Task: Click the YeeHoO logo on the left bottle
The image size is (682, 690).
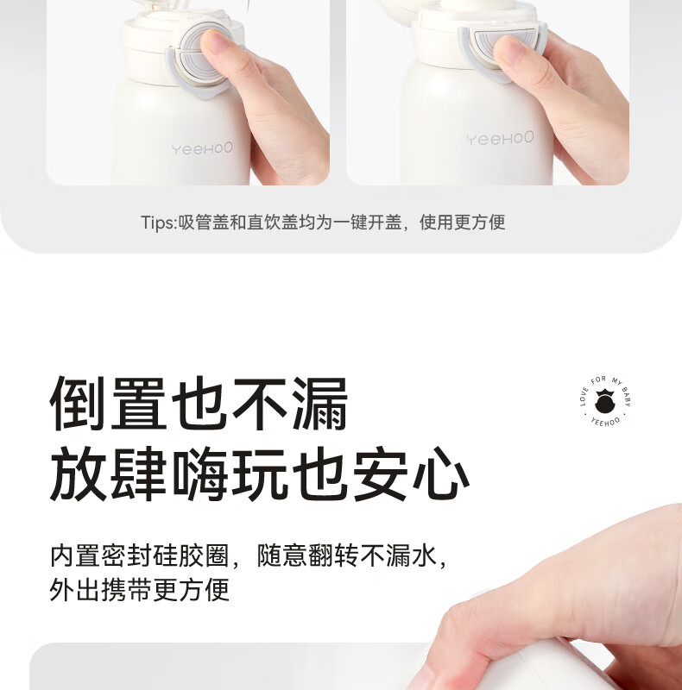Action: coord(202,149)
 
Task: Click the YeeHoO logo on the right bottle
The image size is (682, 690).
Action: coord(500,138)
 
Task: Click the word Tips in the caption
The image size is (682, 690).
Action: coord(158,223)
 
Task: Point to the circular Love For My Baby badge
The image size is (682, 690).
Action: coord(605,402)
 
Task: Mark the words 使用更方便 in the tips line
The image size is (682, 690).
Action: coord(463,223)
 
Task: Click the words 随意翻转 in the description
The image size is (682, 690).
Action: coord(300,555)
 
